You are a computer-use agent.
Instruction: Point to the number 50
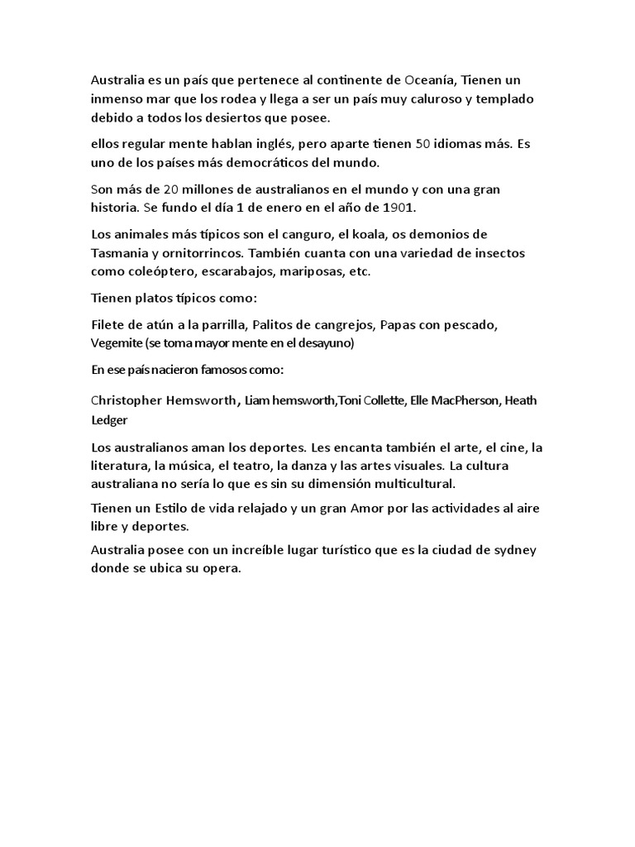tap(423, 143)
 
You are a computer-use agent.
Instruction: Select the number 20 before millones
tap(174, 189)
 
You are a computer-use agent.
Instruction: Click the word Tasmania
tap(119, 252)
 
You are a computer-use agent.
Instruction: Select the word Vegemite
tap(116, 342)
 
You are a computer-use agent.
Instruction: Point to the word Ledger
tap(110, 419)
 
